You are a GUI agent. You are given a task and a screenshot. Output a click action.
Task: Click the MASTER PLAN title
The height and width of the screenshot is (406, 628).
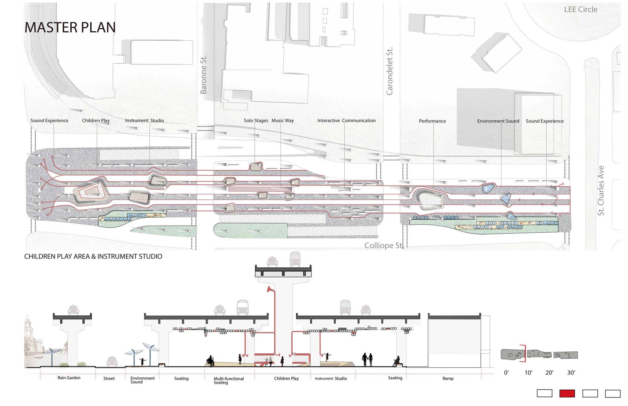(70, 27)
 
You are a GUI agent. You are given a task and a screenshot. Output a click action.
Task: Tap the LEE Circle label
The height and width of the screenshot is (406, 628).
(581, 10)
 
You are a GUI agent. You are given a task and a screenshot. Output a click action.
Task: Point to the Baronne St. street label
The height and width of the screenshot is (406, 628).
(203, 75)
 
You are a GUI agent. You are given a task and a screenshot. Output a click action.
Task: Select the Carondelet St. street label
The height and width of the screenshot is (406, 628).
(389, 71)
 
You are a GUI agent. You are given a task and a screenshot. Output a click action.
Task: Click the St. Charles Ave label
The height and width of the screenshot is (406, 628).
(601, 191)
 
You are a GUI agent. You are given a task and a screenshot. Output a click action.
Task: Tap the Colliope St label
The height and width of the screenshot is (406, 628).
(383, 245)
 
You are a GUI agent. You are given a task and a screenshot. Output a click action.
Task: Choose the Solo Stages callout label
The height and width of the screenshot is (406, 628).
(256, 120)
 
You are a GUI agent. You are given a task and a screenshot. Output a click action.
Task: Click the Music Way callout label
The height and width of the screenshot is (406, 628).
(283, 120)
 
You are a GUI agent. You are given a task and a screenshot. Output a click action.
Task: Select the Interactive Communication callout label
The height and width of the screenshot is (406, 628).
(346, 120)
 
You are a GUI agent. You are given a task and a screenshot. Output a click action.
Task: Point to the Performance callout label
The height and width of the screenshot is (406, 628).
(432, 121)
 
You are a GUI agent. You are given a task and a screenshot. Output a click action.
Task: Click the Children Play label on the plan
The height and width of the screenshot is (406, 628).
(96, 120)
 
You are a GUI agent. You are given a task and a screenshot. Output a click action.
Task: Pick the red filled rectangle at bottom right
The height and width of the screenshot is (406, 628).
(567, 393)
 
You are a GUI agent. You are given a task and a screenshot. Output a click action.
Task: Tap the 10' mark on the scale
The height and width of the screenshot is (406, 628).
(528, 373)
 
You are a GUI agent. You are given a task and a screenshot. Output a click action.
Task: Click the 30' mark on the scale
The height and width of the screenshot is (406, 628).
(571, 373)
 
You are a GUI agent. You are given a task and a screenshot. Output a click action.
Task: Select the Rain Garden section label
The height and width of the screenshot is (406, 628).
(69, 378)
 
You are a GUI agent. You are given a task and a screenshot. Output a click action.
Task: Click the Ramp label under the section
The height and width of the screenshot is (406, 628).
(448, 378)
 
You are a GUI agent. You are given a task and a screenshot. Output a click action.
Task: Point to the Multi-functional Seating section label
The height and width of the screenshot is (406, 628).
(229, 380)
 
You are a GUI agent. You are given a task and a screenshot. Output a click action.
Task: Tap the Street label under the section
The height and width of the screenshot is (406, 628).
(109, 378)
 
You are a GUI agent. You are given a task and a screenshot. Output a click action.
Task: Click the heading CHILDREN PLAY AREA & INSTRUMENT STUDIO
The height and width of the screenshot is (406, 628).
(93, 256)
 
